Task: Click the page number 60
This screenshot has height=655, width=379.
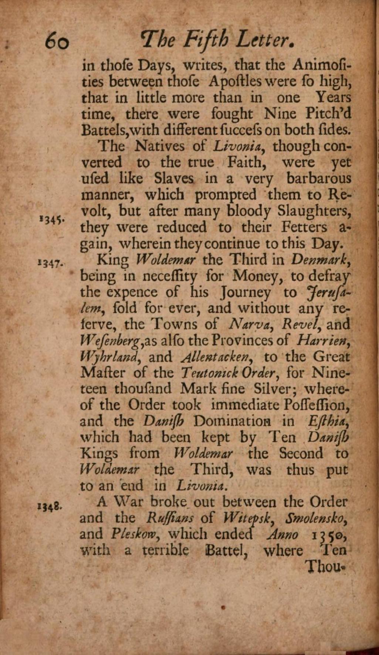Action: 57,41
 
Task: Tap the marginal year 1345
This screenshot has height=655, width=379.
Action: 53,220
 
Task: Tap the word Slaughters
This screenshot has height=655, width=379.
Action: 314,211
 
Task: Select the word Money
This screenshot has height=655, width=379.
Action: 258,276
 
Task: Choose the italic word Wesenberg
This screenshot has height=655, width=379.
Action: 109,341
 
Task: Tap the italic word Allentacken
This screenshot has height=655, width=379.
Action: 218,357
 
